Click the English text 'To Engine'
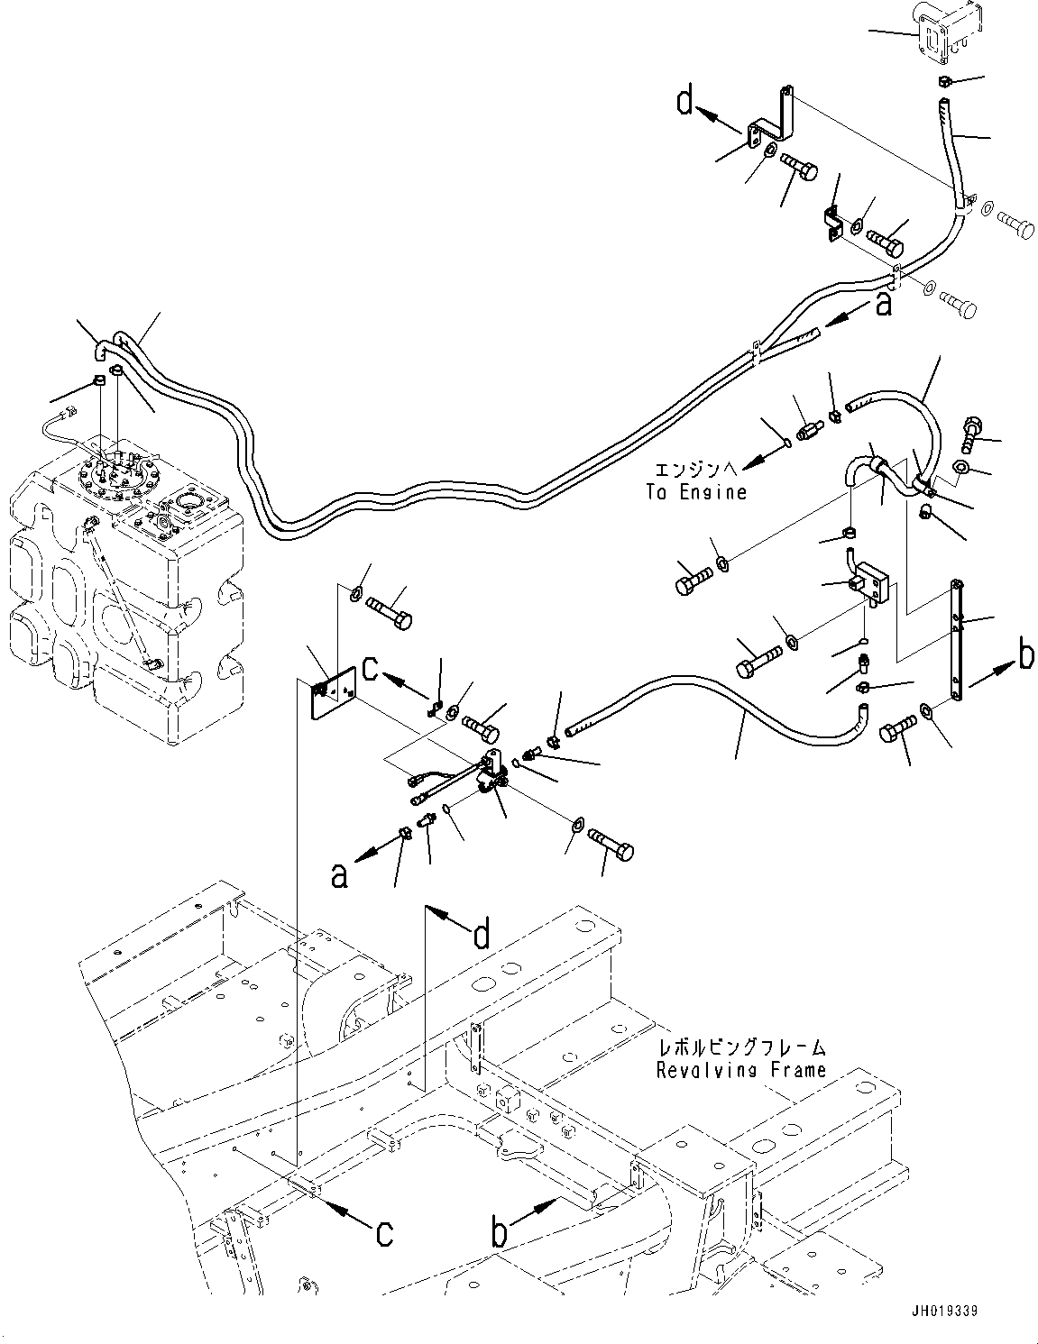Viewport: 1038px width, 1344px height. [696, 492]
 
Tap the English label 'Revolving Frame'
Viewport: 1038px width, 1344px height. [740, 1070]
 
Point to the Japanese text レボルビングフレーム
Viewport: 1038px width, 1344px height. [740, 1048]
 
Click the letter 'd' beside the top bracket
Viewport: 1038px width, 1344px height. [686, 102]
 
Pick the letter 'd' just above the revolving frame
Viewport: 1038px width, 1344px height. [482, 936]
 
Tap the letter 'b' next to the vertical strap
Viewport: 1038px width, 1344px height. [1025, 657]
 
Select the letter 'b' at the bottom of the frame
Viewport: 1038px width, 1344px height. [500, 1232]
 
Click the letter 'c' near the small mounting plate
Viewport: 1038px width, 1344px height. [370, 669]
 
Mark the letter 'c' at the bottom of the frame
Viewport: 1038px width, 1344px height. [384, 1232]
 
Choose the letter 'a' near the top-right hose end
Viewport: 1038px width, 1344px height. [883, 305]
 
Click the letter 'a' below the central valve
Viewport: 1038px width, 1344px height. [339, 874]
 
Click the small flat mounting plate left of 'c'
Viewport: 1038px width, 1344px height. [332, 692]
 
